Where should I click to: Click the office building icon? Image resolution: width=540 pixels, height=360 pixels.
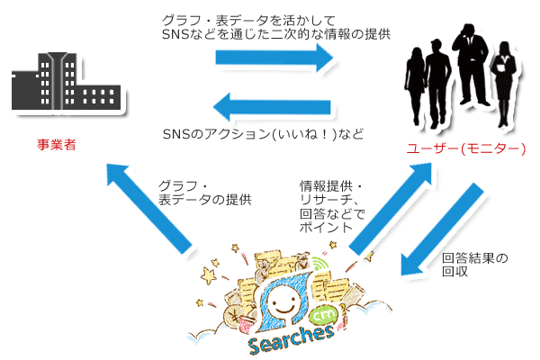click(x=62, y=85)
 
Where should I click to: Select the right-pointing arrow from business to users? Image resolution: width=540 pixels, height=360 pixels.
click(x=274, y=58)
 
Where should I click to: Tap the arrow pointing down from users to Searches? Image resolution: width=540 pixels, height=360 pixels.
click(x=440, y=229)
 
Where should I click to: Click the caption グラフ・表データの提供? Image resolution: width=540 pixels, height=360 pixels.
click(x=203, y=193)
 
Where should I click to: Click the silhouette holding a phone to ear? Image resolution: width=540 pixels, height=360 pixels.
click(x=471, y=72)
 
